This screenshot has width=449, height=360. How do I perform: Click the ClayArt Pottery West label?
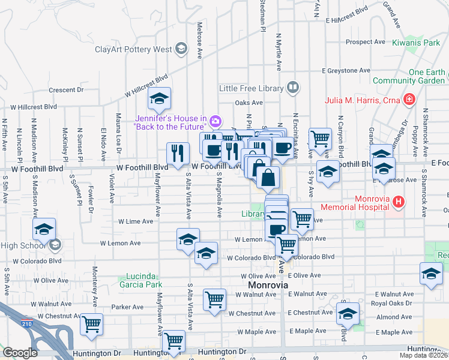[x=133, y=49]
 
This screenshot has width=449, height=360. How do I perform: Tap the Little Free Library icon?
[x=292, y=88]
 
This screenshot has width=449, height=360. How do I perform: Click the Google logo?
[x=20, y=353]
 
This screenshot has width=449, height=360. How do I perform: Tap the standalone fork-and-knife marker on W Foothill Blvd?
[x=176, y=154]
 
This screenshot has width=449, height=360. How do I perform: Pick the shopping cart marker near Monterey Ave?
[x=92, y=325]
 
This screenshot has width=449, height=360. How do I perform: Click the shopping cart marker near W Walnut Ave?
[x=214, y=300]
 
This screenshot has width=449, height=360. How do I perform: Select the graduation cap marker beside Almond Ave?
[x=348, y=313]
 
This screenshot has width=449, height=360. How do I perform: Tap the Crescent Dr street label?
[x=66, y=90]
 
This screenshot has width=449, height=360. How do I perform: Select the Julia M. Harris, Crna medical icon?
[x=409, y=99]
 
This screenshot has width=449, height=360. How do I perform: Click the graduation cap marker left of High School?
[x=44, y=230]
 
